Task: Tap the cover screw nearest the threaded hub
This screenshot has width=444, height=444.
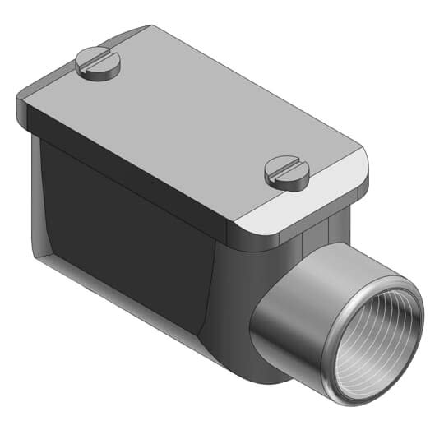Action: [x=287, y=172]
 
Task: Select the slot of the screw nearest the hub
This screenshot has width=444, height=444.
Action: [x=287, y=169]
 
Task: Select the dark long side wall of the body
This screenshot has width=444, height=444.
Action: [x=123, y=238]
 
